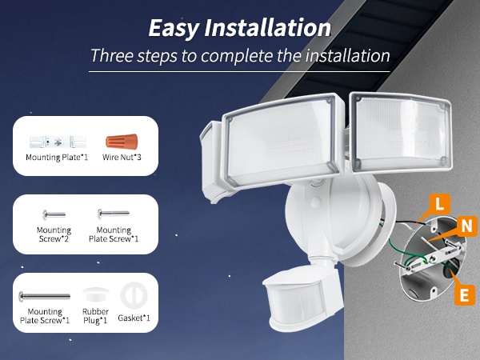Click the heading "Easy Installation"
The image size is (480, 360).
[x=240, y=28]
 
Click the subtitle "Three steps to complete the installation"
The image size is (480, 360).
[x=240, y=57]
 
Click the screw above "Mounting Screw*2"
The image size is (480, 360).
[x=53, y=214]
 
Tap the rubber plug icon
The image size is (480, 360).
[x=95, y=294]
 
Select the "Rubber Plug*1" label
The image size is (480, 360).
[x=95, y=315]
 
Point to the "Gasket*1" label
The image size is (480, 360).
[x=134, y=318]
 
